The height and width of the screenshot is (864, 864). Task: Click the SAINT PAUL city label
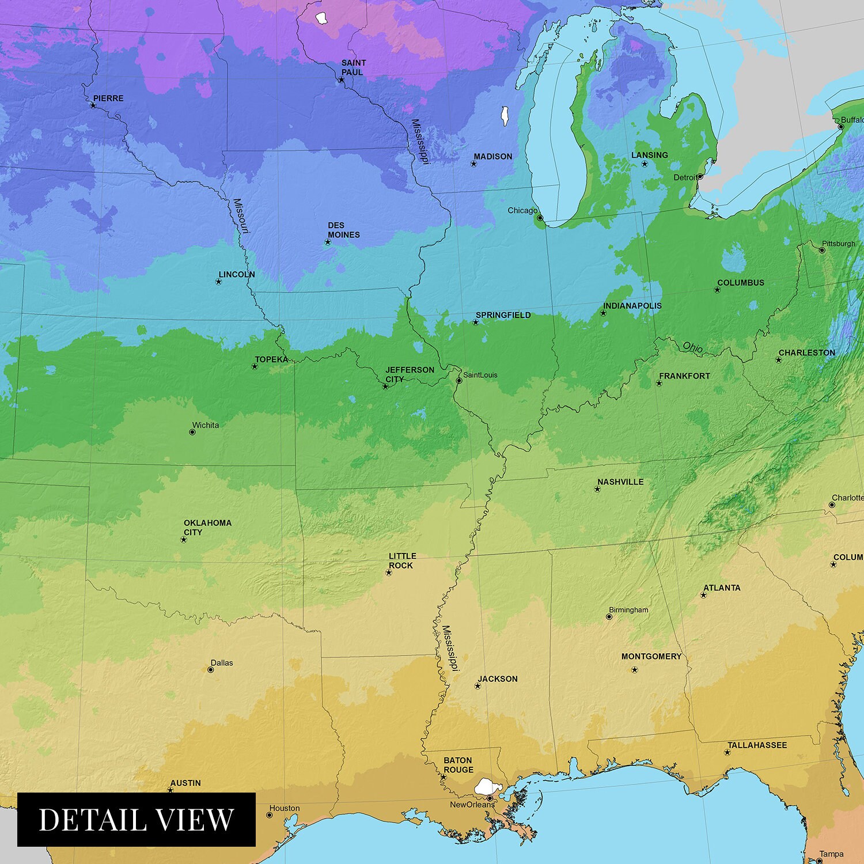pyautogui.click(x=353, y=67)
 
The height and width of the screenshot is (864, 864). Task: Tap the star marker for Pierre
pyautogui.click(x=93, y=105)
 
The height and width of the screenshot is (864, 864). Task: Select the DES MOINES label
pyautogui.click(x=344, y=230)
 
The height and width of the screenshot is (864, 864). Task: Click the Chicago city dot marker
pyautogui.click(x=540, y=218)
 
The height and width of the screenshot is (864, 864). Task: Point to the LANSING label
pyautogui.click(x=649, y=155)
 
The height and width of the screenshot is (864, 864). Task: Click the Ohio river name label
pyautogui.click(x=692, y=347)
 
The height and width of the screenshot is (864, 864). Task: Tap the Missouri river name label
pyautogui.click(x=241, y=217)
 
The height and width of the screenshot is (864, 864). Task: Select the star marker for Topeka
pyautogui.click(x=255, y=366)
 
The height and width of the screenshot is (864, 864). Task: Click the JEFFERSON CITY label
pyautogui.click(x=410, y=374)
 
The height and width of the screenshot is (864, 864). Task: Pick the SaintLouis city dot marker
pyautogui.click(x=459, y=381)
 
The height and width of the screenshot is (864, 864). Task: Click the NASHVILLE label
pyautogui.click(x=620, y=482)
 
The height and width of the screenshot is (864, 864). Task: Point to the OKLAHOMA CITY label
pyautogui.click(x=207, y=527)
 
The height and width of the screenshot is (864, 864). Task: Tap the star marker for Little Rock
pyautogui.click(x=389, y=573)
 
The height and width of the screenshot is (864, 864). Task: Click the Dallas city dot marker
pyautogui.click(x=211, y=669)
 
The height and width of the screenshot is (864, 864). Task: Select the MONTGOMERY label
pyautogui.click(x=651, y=656)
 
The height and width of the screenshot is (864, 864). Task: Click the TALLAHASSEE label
pyautogui.click(x=757, y=745)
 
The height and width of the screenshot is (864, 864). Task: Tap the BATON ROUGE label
pyautogui.click(x=458, y=765)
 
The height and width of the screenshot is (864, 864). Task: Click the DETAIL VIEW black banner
pyautogui.click(x=137, y=819)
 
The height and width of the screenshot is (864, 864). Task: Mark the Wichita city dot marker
pyautogui.click(x=192, y=432)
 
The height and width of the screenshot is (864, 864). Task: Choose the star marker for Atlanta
pyautogui.click(x=703, y=595)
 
